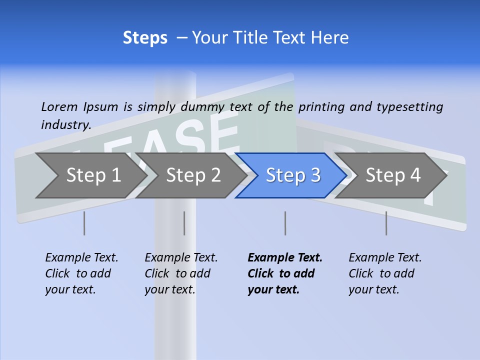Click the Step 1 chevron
pos(93,175)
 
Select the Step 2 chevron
pos(193,175)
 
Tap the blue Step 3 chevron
pos(292,175)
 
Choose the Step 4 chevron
pos(392,175)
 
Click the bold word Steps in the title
pos(145,38)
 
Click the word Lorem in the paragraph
pos(59,106)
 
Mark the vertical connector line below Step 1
pos(84,223)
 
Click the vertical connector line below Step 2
pos(184,223)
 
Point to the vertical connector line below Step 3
pos(285,223)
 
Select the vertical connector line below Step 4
pos(386,223)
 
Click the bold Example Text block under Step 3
pos(284,273)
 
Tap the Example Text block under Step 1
pos(81,273)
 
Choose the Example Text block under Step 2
pos(181,273)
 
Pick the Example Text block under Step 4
pos(385,273)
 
